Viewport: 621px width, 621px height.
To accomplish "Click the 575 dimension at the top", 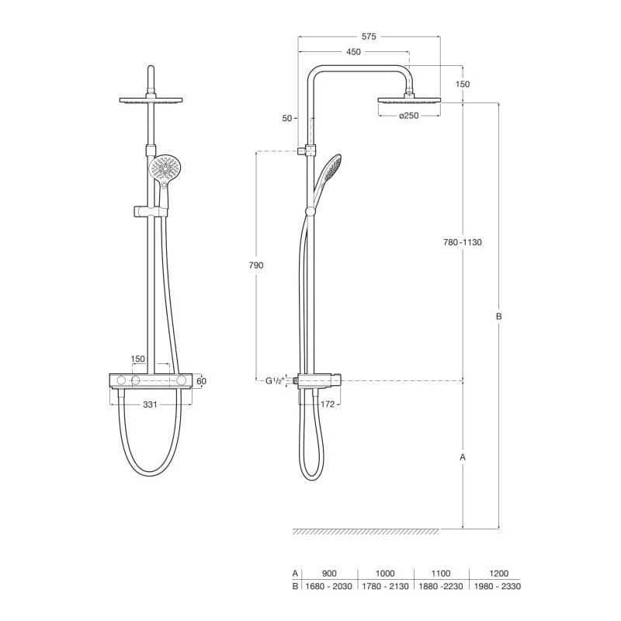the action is coord(369,36).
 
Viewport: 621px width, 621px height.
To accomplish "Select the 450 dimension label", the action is coord(354,51).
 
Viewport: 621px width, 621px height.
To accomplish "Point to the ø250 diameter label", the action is coord(409,116).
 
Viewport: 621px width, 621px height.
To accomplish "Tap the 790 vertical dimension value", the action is coord(256,265).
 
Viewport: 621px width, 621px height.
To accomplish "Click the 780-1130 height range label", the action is coord(463,242).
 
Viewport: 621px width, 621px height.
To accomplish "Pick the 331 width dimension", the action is coord(150,404).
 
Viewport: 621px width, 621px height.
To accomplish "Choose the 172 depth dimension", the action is coord(328,404).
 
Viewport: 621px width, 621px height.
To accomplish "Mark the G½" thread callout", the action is coord(275,381).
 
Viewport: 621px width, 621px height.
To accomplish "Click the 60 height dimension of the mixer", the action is coord(202,381).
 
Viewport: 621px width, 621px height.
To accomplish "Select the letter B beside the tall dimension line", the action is coord(499,317).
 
